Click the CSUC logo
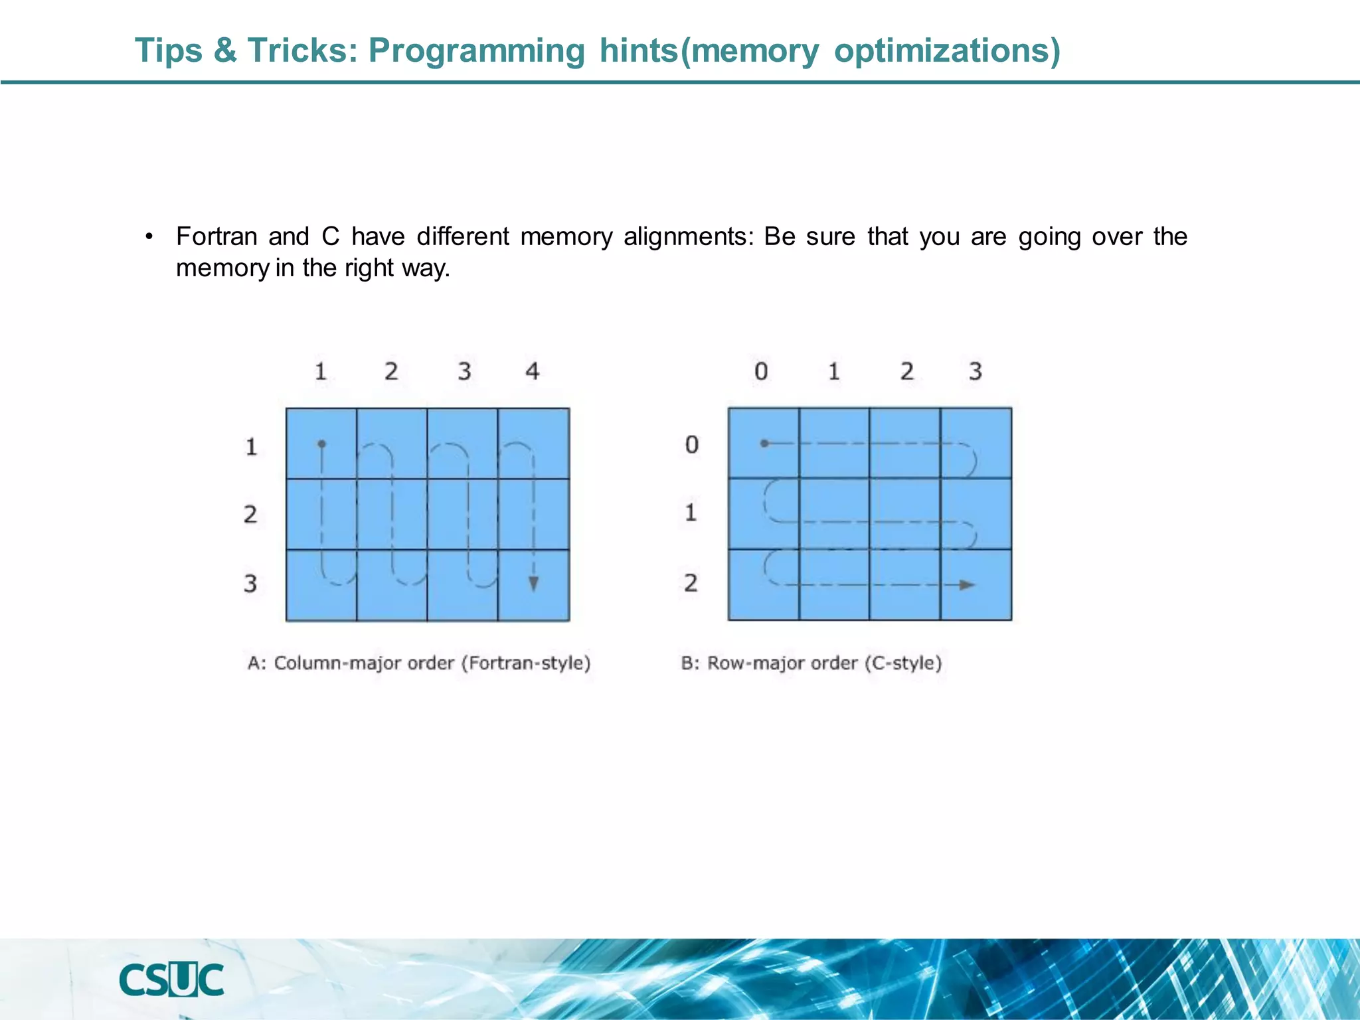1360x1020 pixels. coord(171,979)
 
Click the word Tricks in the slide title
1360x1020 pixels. coord(302,50)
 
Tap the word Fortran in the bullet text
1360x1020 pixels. coord(216,236)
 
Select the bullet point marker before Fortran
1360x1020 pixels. coord(149,237)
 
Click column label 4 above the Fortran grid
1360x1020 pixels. coord(533,371)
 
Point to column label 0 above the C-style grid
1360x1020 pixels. coord(761,371)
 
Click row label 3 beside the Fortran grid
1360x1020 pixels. coord(250,583)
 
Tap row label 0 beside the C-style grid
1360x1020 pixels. coord(692,444)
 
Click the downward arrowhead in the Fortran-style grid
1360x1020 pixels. coord(533,584)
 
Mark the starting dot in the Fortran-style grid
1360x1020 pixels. coord(321,444)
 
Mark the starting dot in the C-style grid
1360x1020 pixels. coord(764,443)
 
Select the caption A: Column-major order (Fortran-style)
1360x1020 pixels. coord(419,663)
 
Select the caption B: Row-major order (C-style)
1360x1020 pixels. coord(811,663)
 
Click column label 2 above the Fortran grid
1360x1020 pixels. coord(391,371)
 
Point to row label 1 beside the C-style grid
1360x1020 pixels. coord(691,513)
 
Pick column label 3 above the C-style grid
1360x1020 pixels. coord(975,371)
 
